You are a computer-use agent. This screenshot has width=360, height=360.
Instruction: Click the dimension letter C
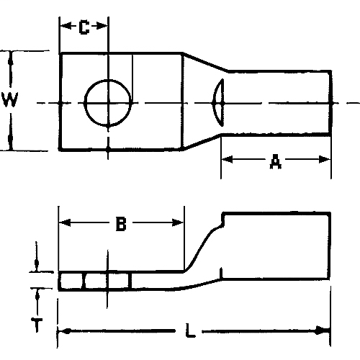click(x=84, y=28)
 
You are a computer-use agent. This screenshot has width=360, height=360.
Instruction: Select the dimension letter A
click(x=275, y=164)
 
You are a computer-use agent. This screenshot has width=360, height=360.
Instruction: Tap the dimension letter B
click(x=121, y=225)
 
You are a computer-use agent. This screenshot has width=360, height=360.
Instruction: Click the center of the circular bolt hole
click(x=109, y=102)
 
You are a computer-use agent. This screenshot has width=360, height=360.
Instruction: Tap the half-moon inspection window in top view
click(x=217, y=102)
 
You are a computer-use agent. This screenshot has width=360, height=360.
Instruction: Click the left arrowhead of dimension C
click(x=63, y=28)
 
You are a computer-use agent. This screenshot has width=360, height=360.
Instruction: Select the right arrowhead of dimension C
click(x=104, y=28)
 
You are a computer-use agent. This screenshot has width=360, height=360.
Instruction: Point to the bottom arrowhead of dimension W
click(x=10, y=145)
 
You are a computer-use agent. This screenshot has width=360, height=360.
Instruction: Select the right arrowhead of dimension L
click(x=326, y=332)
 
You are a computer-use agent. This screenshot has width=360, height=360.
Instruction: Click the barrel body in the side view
click(x=277, y=246)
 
